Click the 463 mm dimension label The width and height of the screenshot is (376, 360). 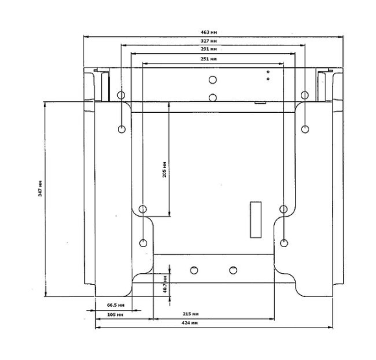208,32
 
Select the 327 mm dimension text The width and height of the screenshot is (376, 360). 208,41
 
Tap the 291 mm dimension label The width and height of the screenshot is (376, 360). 208,49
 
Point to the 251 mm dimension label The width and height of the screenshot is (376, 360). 208,59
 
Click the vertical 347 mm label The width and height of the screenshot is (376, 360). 40,188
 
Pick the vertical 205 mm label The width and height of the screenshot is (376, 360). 165,170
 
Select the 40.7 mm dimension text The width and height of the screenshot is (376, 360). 165,285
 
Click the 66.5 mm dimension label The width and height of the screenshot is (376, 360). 115,305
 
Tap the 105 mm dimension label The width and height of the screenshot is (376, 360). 115,315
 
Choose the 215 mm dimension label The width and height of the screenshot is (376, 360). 191,314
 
